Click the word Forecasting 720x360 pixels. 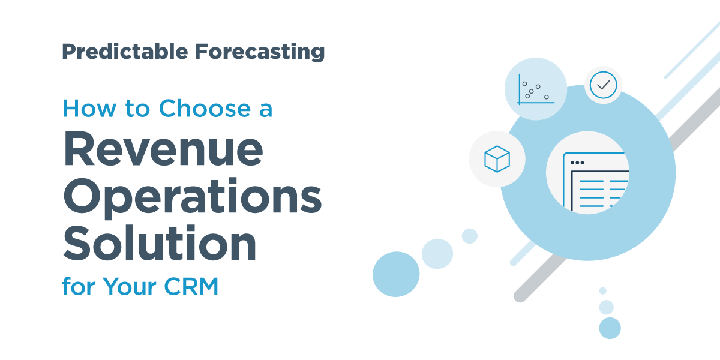259,52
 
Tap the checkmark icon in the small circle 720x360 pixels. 603,85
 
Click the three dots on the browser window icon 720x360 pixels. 577,163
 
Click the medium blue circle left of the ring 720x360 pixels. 396,274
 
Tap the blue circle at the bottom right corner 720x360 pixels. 610,328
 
